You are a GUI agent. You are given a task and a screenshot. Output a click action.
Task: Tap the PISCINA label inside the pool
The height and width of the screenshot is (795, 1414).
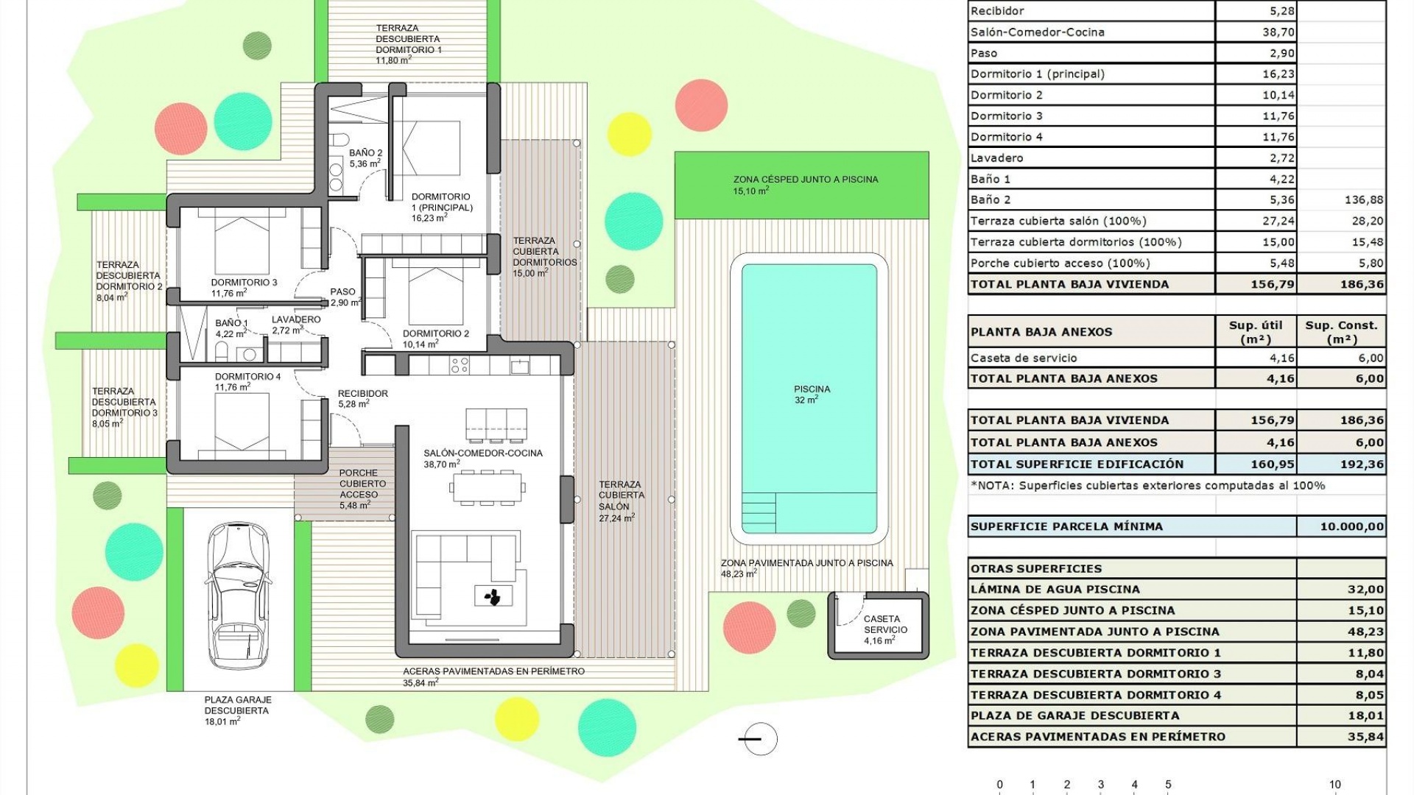tap(812, 389)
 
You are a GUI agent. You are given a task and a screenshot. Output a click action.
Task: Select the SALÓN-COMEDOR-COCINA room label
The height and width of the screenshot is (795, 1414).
tap(483, 453)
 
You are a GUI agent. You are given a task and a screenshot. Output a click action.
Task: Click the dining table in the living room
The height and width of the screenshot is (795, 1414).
tap(488, 488)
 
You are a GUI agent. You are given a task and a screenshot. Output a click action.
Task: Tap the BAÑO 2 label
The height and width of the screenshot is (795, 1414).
tap(365, 153)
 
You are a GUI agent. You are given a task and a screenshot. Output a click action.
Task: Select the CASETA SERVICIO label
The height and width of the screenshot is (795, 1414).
tap(884, 624)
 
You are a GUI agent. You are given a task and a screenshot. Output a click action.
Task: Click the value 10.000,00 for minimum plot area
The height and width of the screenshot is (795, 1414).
tap(1351, 526)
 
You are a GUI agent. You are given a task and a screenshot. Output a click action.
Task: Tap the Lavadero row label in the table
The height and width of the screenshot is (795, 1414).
tap(996, 158)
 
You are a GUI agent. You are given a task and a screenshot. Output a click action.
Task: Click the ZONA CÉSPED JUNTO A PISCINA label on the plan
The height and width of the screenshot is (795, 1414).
tap(805, 180)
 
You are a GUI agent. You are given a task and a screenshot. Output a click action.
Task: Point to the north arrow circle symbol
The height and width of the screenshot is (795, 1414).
tap(760, 739)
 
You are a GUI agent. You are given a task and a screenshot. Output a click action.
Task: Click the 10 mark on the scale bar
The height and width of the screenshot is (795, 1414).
tap(1334, 785)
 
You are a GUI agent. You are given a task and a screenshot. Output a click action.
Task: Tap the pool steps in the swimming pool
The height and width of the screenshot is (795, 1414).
tap(759, 512)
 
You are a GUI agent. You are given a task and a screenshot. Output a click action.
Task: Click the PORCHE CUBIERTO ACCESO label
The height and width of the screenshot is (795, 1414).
tap(359, 484)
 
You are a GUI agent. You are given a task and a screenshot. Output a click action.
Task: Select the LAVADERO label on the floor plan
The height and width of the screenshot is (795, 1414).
tap(296, 319)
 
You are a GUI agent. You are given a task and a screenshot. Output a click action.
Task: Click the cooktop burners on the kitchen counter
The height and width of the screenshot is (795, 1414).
tap(460, 365)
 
